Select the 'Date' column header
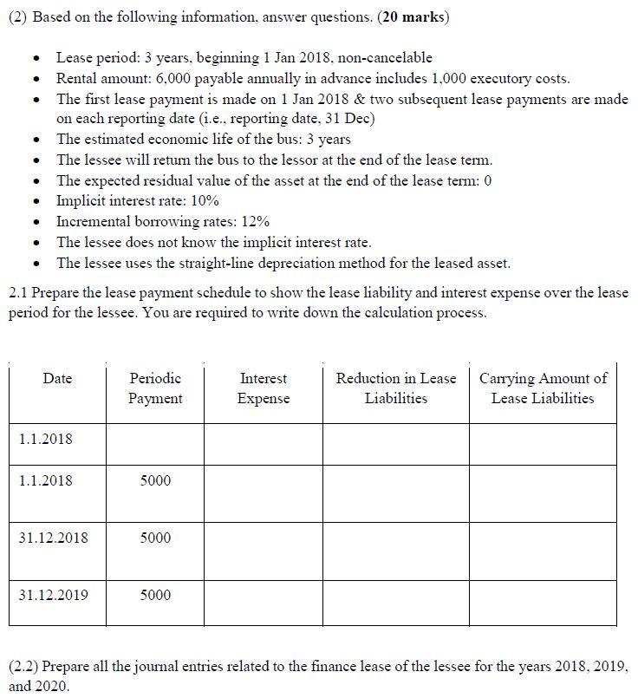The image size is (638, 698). click(x=57, y=379)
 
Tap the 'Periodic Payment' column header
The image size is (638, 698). click(x=155, y=388)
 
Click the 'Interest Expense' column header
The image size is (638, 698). click(x=264, y=388)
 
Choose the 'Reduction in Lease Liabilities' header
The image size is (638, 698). click(x=395, y=388)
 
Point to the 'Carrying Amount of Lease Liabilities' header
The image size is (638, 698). click(x=543, y=388)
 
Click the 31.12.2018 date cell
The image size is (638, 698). click(x=53, y=538)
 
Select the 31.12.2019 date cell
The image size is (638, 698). click(x=53, y=595)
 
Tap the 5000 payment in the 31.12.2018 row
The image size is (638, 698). click(x=155, y=538)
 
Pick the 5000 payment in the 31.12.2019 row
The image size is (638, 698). click(x=155, y=595)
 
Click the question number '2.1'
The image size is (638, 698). click(x=18, y=293)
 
